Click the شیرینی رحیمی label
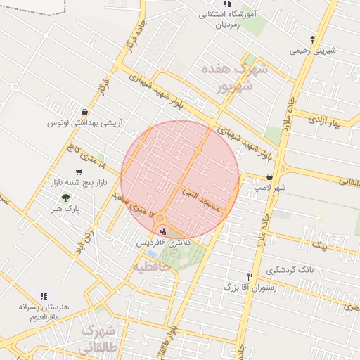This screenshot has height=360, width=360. (x=313, y=51)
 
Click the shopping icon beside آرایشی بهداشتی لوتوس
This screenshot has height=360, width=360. (x=85, y=111)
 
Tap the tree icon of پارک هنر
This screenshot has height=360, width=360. (x=66, y=198)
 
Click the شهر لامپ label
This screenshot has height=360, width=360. (x=271, y=188)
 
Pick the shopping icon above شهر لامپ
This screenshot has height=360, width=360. (x=269, y=177)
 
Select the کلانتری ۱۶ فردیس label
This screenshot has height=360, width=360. (x=164, y=243)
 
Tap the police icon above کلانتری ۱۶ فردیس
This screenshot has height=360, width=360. (x=164, y=231)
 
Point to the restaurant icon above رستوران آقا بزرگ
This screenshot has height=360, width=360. (x=249, y=276)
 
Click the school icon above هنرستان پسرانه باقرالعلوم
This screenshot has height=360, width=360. (x=44, y=297)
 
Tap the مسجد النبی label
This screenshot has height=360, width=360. (x=201, y=200)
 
